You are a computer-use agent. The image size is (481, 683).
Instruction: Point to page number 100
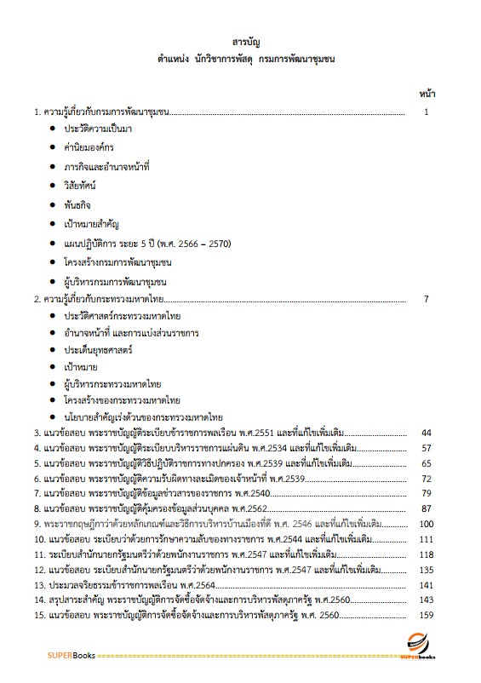click(427, 524)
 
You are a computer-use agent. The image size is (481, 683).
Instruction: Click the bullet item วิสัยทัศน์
click(80, 184)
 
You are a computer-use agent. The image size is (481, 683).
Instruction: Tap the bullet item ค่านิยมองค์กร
click(89, 146)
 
